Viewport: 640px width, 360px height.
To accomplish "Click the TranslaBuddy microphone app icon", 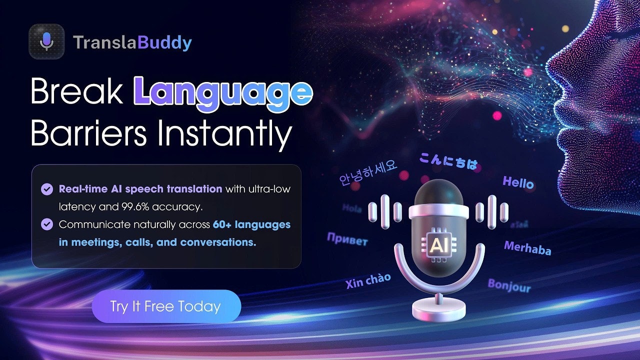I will (x=46, y=42).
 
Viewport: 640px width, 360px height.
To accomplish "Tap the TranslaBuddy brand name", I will (x=132, y=43).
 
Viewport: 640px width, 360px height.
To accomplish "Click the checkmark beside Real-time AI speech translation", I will (x=47, y=189).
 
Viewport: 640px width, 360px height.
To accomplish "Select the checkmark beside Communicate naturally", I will (x=47, y=224).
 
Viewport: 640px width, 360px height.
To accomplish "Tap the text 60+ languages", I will (x=251, y=224).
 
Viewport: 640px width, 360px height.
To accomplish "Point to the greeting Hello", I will (x=518, y=182).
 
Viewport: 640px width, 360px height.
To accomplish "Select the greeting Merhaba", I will (x=527, y=247).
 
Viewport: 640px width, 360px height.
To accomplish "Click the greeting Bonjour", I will (x=509, y=285).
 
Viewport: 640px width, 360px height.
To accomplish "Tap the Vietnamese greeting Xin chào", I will (x=368, y=280).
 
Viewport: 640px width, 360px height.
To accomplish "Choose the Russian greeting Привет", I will (x=347, y=239).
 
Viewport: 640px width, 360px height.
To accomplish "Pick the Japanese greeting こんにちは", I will (x=448, y=161).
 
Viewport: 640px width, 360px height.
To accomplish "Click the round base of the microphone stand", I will (x=438, y=310).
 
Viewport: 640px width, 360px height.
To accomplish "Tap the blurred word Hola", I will (x=352, y=208).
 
